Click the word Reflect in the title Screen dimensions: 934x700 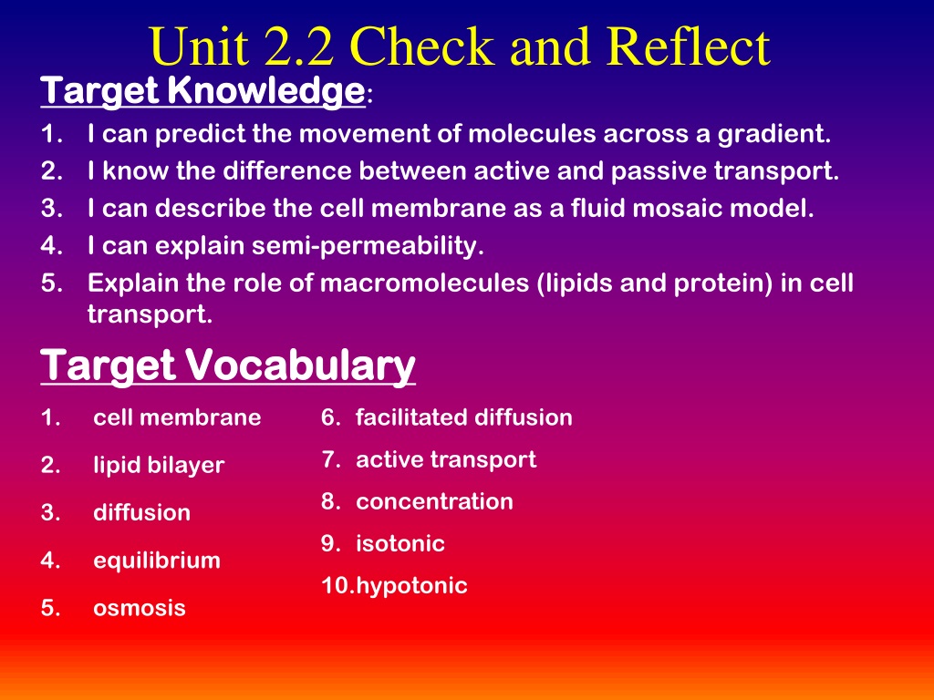pos(690,46)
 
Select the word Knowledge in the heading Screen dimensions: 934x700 pos(265,91)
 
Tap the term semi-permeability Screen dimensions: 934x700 pos(368,246)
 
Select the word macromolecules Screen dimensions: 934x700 pos(425,283)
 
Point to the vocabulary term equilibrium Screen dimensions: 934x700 pos(157,561)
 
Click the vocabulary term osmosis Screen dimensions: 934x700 pos(140,608)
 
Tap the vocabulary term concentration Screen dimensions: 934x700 pos(434,502)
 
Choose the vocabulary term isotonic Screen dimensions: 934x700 pos(400,543)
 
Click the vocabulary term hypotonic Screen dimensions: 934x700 pos(411,586)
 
